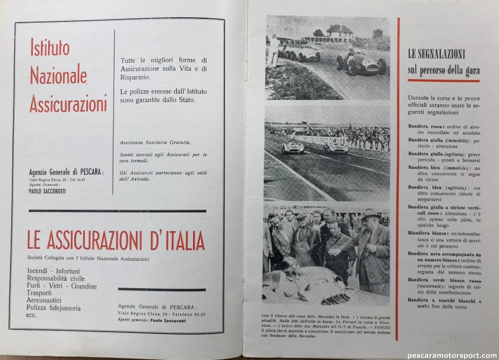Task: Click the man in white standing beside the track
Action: click(274, 50)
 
